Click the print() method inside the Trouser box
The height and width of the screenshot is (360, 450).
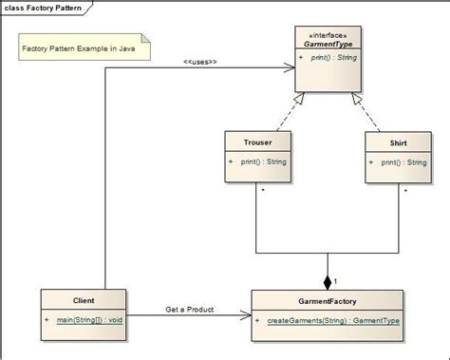tap(265, 161)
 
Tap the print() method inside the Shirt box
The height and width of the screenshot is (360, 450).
tap(403, 161)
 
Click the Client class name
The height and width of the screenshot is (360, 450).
tap(84, 299)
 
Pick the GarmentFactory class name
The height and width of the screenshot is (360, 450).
tap(326, 299)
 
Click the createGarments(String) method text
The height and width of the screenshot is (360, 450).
tap(332, 320)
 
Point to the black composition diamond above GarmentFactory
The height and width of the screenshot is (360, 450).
tap(327, 281)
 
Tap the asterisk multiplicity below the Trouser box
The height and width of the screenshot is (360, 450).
tap(262, 191)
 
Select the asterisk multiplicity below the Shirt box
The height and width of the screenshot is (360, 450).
tap(405, 191)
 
